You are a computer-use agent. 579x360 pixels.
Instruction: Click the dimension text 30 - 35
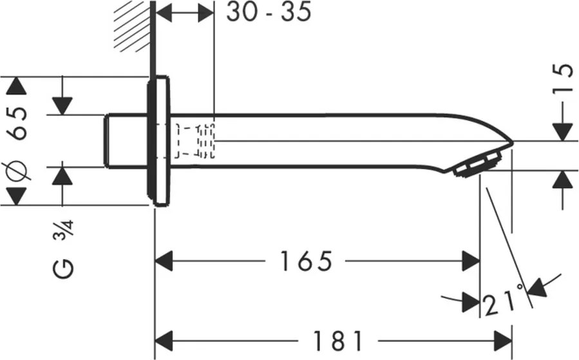(268, 12)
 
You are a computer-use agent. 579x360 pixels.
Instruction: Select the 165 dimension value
(306, 261)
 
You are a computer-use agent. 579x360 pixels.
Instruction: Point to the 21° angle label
(502, 301)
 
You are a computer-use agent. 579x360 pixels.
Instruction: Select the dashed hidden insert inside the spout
(195, 140)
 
